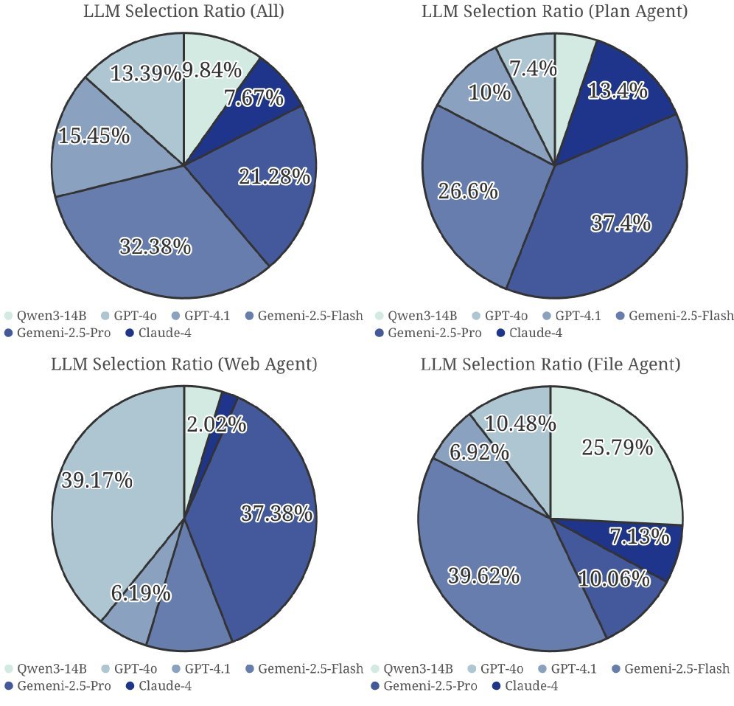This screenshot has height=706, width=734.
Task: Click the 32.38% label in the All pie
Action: [155, 246]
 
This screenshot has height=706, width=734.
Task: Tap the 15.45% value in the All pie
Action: [94, 136]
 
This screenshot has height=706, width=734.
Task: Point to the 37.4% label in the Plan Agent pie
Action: [621, 223]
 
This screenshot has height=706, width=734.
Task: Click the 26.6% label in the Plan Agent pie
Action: [467, 192]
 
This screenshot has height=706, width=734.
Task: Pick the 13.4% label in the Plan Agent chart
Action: [618, 91]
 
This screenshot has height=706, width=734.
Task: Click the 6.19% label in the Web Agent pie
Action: [141, 592]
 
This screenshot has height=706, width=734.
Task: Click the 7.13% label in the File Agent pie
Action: [639, 537]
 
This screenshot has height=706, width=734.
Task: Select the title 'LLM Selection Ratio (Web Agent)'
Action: [183, 364]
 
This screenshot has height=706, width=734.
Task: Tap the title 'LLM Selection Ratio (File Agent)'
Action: [550, 364]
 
